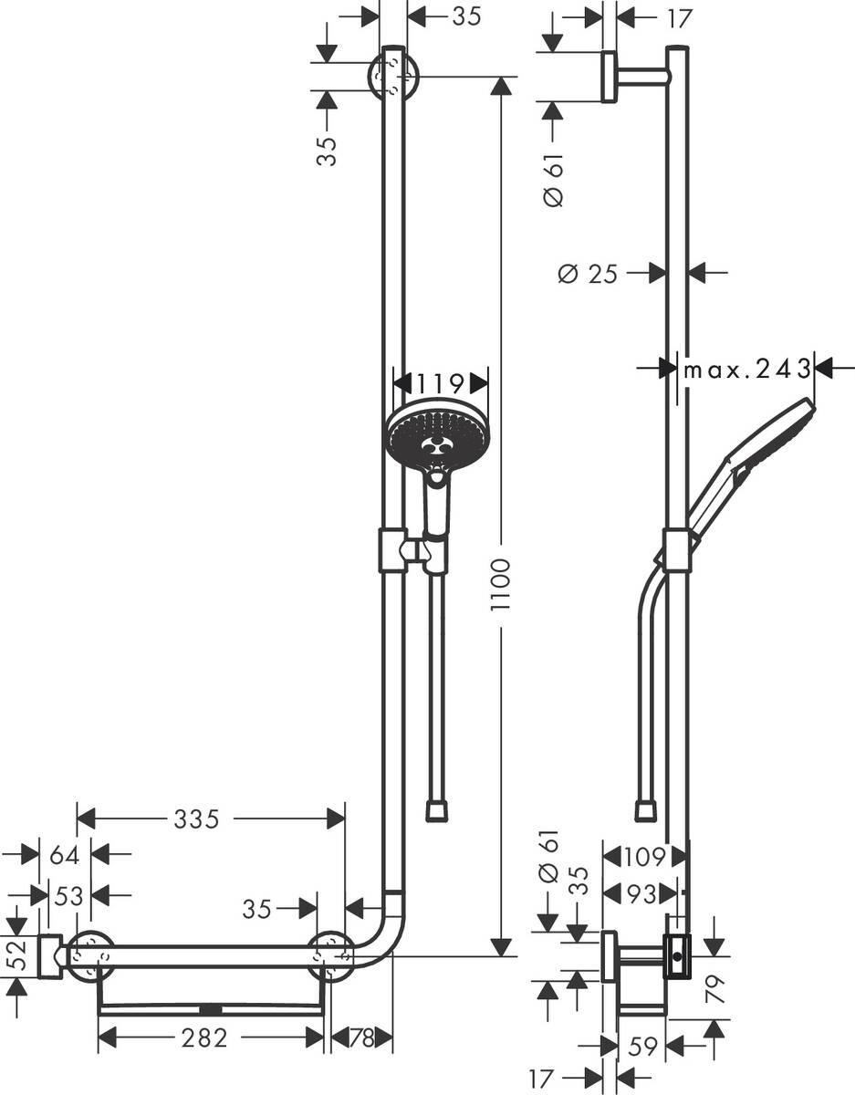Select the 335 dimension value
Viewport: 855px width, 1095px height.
197,819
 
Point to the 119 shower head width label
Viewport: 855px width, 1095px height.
440,381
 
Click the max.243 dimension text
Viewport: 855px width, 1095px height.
747,369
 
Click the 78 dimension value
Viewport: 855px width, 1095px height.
361,1038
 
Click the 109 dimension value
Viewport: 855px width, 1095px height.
644,857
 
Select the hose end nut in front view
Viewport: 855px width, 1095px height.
439,810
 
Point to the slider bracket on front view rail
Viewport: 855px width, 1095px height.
392,550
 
